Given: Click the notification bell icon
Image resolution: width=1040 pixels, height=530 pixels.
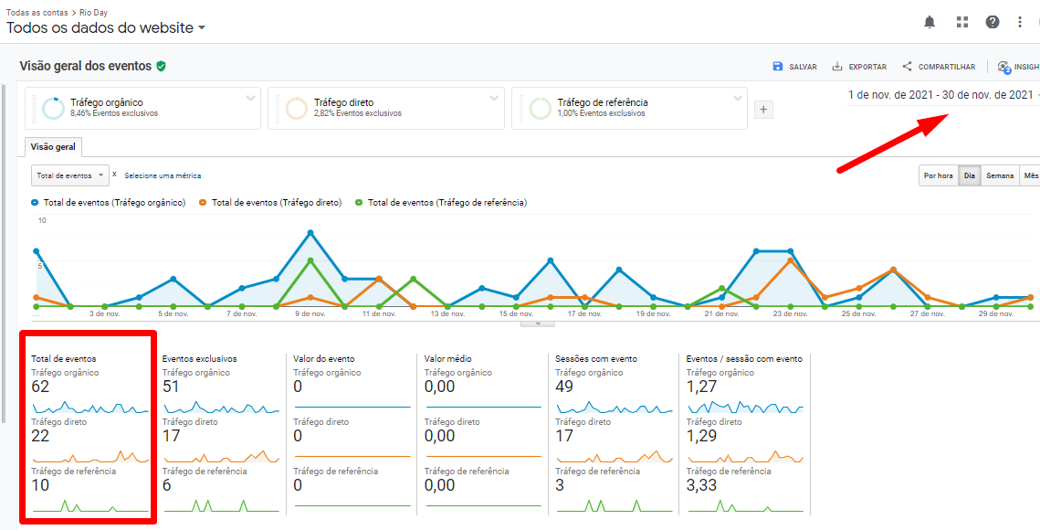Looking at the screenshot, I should point(930,22).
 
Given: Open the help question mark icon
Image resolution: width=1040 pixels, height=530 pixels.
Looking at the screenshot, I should point(992,22).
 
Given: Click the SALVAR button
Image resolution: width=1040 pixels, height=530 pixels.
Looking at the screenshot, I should point(794,67).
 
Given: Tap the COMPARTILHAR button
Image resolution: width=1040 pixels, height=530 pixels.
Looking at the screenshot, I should point(938,67).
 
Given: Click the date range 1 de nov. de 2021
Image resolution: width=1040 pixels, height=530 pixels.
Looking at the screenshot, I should point(940,95).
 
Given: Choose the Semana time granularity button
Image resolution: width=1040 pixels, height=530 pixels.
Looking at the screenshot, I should point(1000,175).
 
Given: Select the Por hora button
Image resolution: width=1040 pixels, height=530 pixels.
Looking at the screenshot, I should point(939,175).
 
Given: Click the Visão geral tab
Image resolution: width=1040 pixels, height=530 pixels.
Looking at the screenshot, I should point(54,147).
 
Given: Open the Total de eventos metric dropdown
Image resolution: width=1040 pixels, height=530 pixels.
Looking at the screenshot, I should point(69,175).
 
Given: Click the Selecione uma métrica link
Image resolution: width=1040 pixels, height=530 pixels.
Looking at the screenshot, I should point(163,175).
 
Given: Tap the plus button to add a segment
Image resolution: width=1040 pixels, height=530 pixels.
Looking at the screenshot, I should point(764,110).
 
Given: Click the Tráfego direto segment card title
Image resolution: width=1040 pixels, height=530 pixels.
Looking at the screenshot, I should point(343,102).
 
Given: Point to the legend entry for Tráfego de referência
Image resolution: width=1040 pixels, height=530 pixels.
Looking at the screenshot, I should point(446,203).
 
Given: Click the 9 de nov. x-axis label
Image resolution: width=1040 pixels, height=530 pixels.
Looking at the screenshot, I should point(310,313).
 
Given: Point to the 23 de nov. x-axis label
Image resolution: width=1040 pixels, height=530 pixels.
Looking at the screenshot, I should point(790,313).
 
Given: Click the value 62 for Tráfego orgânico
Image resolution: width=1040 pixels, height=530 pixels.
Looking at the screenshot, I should point(40,387).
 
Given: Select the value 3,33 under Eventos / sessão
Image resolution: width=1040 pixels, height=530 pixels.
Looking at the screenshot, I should point(701,485).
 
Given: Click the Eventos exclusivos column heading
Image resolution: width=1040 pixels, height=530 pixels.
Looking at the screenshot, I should point(199,359).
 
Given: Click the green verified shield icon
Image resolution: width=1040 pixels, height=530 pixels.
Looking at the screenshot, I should point(161,66).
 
